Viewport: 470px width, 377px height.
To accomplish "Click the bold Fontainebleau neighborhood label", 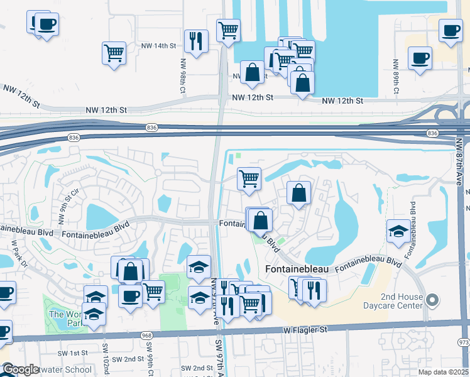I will [x=297, y=269].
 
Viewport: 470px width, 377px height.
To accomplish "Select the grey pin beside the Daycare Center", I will [x=430, y=300].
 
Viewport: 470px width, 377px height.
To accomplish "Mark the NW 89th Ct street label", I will [x=396, y=77].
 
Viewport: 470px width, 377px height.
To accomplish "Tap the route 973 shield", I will [x=464, y=342].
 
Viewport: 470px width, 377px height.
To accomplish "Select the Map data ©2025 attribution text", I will [x=442, y=372].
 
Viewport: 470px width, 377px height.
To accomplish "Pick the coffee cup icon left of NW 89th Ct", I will [x=420, y=58].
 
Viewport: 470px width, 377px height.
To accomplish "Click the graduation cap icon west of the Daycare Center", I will [x=398, y=232].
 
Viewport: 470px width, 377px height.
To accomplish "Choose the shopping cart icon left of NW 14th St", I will [x=114, y=53].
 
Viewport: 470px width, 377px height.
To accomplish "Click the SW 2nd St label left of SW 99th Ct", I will [x=125, y=359].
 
